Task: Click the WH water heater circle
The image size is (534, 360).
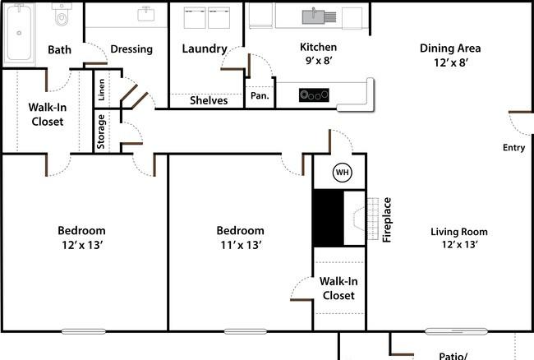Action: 342,173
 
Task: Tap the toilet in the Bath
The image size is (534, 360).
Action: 62,15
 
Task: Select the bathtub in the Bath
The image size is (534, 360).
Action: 19,34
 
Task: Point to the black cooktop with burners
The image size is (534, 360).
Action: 314,95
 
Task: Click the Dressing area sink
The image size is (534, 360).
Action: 145,14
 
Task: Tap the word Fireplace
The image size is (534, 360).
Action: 387,219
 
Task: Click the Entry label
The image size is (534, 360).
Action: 513,147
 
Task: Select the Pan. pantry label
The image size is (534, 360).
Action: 260,95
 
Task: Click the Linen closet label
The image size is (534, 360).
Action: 101,90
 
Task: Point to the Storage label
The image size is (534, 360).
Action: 101,132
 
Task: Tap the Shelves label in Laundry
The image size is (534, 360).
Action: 209,100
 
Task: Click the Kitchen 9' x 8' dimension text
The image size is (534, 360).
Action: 319,60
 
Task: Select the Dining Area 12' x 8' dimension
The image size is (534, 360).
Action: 450,62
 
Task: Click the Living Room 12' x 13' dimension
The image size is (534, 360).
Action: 459,245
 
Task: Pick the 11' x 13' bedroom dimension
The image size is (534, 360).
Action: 241,245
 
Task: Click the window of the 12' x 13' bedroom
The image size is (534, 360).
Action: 84,331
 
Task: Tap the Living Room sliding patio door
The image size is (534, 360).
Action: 456,331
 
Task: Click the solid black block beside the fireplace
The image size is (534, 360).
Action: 329,218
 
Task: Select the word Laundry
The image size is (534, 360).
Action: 205,48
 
